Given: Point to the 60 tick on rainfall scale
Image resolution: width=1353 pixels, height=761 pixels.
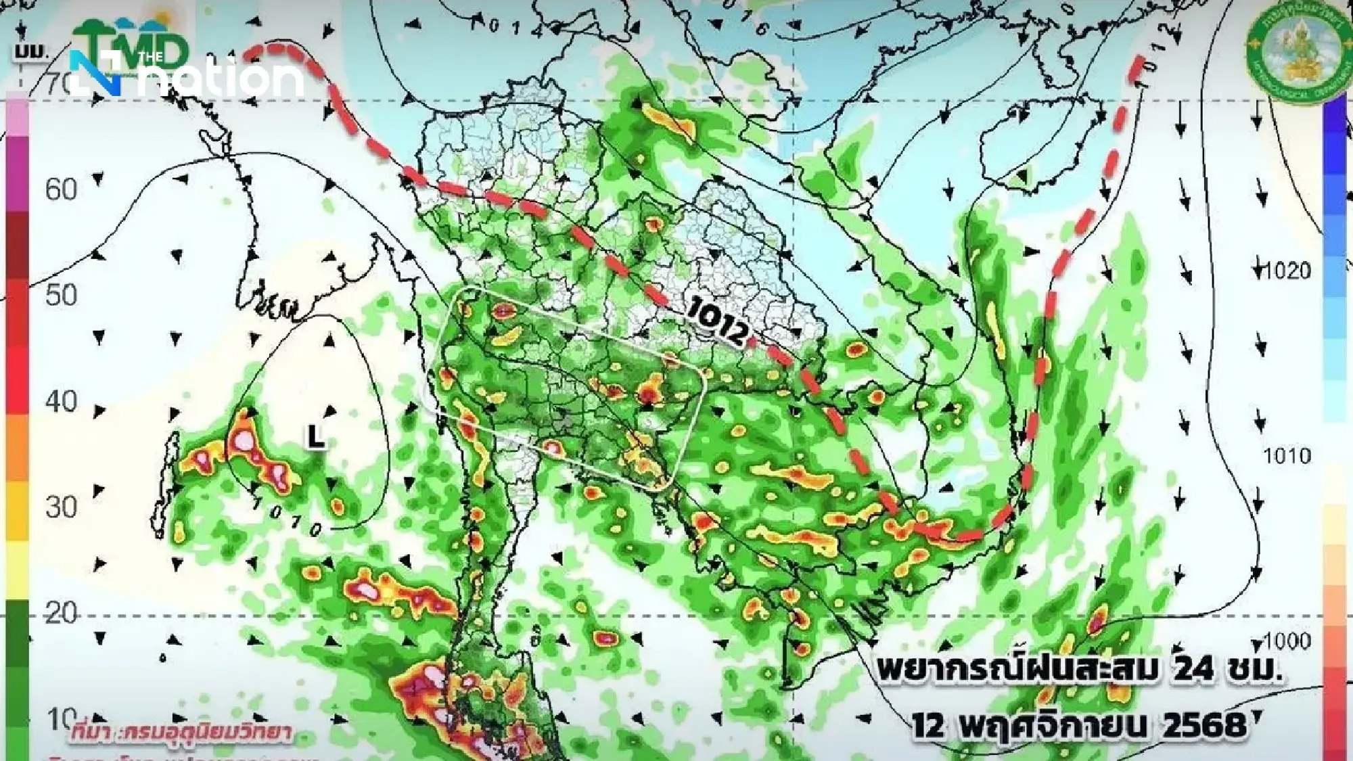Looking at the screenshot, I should click(61, 190).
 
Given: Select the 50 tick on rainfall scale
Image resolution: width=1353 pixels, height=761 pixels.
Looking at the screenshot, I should click(61, 296).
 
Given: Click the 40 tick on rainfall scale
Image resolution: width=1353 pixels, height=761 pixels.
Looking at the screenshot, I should click(61, 402).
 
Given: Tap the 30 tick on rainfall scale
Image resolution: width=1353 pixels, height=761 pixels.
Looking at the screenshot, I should click(61, 507).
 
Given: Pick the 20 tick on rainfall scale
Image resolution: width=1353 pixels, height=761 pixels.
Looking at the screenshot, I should click(61, 613).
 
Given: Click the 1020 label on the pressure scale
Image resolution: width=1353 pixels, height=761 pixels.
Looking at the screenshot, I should click(1287, 271).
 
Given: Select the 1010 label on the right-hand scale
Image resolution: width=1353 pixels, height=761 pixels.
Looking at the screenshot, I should click(1287, 456).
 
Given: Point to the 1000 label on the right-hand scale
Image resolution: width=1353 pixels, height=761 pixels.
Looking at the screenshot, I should click(1287, 640).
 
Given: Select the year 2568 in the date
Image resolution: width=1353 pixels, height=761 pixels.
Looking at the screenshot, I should click(1204, 726).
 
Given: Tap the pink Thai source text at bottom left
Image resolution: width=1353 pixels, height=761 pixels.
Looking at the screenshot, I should click(179, 733).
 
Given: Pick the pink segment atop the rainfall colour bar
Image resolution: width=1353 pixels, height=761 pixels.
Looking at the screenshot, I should click(17, 115).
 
